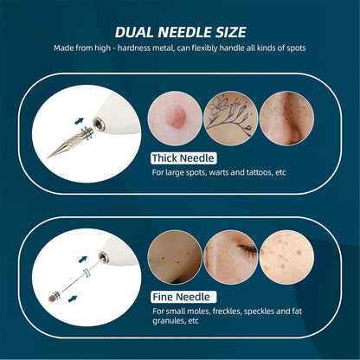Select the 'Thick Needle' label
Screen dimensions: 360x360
pyautogui.click(x=183, y=158)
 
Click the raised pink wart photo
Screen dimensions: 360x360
pyautogui.click(x=175, y=119)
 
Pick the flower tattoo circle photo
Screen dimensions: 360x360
pyautogui.click(x=231, y=119)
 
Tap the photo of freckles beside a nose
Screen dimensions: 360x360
pyautogui.click(x=286, y=119)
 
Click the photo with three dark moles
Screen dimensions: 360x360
pyautogui.click(x=175, y=257)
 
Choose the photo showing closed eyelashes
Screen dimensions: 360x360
pyautogui.click(x=231, y=257)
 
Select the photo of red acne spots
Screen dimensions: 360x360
pyautogui.click(x=286, y=257)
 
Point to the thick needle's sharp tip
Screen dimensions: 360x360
pyautogui.click(x=48, y=157)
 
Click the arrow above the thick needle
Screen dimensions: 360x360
pyautogui.click(x=79, y=121)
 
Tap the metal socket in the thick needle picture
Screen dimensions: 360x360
pyautogui.click(x=99, y=125)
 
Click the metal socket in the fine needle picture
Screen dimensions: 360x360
pyautogui.click(x=104, y=257)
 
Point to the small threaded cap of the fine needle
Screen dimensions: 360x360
pyautogui.click(x=54, y=297)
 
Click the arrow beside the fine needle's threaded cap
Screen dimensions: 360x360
pyautogui.click(x=73, y=299)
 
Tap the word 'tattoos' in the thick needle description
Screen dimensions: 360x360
pyautogui.click(x=260, y=172)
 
